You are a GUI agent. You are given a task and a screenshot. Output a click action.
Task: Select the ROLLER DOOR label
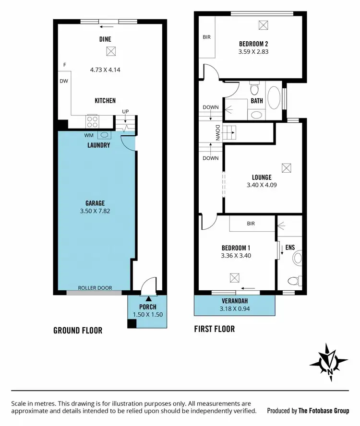point(96,288)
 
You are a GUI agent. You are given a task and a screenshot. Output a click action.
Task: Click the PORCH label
point(148,307)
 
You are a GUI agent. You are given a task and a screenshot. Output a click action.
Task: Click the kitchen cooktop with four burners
point(93,121)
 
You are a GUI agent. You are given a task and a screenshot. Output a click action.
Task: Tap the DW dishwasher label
point(63,81)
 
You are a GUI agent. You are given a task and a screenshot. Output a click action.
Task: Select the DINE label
point(105,39)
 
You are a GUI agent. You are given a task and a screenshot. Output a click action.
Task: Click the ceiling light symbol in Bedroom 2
point(263,24)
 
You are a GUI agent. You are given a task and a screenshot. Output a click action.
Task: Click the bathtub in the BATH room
point(275,97)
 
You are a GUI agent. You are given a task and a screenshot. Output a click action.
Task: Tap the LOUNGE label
point(261,177)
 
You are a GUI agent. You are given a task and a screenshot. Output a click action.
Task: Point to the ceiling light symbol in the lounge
point(287,167)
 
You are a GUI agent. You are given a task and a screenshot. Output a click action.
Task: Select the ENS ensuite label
point(290,248)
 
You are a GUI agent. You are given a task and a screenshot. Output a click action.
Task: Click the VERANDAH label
point(235,301)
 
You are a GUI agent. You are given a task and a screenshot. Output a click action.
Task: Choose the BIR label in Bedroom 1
point(251,224)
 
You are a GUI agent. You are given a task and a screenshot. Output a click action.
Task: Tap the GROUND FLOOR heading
point(77,331)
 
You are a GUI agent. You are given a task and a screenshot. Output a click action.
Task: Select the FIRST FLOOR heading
point(215,329)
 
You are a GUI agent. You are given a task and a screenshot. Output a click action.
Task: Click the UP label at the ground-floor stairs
point(126,111)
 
